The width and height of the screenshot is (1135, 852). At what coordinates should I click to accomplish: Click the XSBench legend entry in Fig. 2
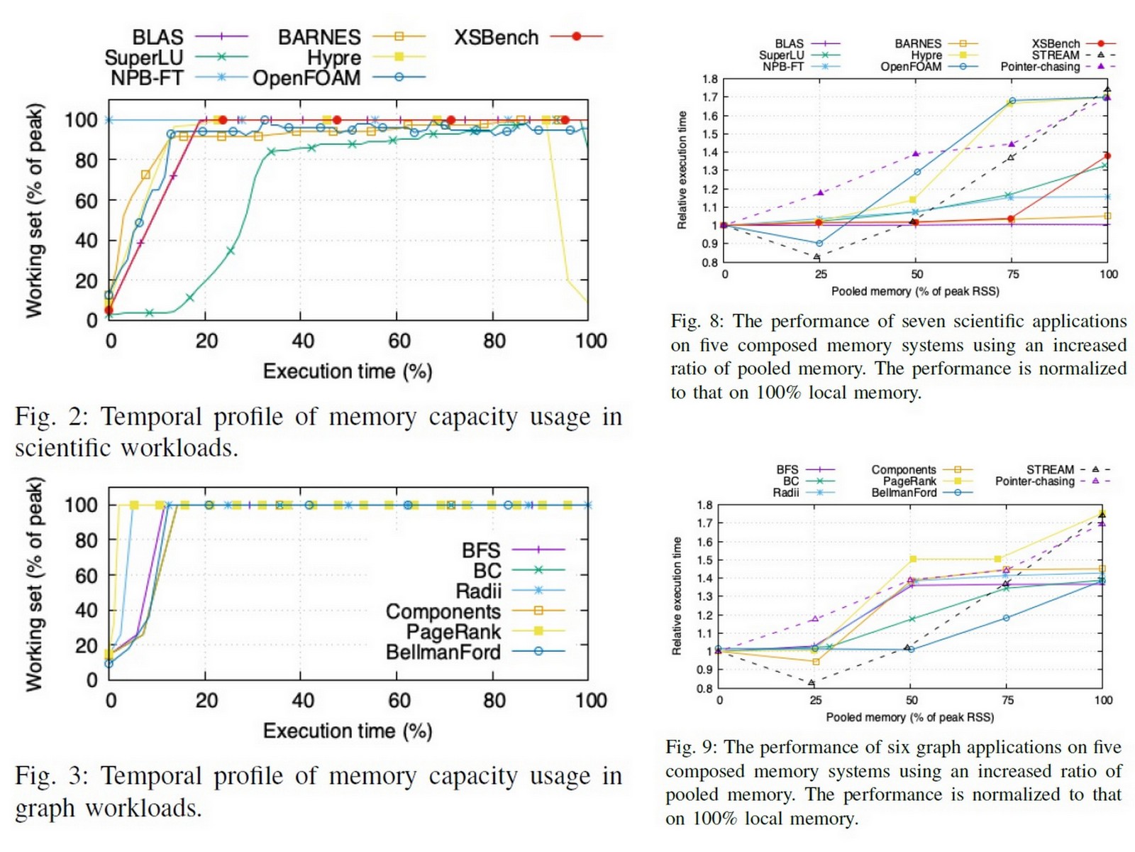tap(497, 37)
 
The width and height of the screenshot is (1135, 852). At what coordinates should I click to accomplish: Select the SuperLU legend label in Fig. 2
tap(144, 58)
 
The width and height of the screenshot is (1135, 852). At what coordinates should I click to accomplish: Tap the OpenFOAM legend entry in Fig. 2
tap(306, 77)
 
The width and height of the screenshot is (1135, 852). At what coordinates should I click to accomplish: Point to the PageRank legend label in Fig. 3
tap(453, 631)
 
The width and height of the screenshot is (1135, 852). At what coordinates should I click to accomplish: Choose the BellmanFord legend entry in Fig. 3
tap(443, 652)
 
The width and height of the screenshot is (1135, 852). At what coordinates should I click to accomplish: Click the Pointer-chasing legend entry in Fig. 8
tap(1040, 67)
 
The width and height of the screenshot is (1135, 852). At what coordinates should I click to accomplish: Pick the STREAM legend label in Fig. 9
tap(1050, 469)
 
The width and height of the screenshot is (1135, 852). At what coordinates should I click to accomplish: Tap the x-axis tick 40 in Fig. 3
tap(302, 700)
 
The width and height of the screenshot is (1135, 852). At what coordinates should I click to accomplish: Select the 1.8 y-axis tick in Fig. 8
tap(710, 79)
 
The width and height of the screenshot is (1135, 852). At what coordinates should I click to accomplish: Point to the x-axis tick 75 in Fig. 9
tap(1007, 700)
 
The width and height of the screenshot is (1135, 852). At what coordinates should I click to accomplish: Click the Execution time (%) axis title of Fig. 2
tap(348, 371)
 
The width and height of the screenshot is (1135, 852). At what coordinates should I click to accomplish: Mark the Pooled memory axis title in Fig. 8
tap(915, 291)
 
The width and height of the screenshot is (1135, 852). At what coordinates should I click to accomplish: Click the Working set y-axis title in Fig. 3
tap(33, 584)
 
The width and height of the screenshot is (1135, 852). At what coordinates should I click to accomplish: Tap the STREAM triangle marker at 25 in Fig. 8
tap(817, 257)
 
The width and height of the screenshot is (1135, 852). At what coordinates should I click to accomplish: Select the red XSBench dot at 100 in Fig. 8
tap(1107, 155)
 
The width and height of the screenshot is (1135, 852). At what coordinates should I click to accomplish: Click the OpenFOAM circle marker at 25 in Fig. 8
tap(820, 244)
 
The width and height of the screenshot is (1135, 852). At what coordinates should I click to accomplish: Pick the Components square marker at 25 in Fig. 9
tap(816, 662)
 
